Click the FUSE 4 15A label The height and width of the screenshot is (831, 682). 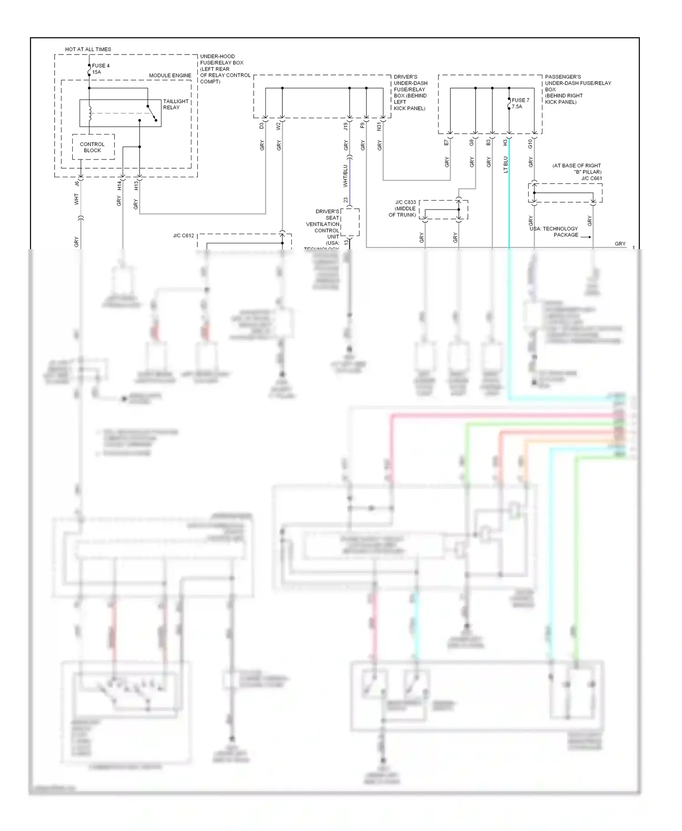[100, 69]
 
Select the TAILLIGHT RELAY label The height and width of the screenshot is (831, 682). [176, 105]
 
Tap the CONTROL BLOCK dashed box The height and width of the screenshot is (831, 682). [93, 147]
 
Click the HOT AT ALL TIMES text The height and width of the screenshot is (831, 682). [88, 49]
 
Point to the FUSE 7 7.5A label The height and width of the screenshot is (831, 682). [520, 103]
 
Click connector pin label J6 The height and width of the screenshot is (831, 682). [77, 183]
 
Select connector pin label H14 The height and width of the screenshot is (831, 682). [119, 185]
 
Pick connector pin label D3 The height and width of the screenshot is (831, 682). [262, 126]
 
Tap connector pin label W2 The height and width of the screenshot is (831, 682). [279, 126]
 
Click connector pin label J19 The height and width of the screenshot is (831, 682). [346, 126]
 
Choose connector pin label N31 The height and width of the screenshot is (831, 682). [379, 126]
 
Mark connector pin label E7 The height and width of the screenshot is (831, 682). [446, 143]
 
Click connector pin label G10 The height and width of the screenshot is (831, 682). [530, 144]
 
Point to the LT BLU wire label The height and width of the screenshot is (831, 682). [506, 165]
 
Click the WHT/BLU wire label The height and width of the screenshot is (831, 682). [345, 176]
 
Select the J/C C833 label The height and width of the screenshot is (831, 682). [405, 202]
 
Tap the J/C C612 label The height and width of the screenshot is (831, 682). [183, 235]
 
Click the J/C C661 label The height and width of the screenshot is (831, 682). [592, 178]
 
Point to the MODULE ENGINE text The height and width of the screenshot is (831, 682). [170, 75]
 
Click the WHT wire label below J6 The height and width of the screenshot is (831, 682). [76, 199]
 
